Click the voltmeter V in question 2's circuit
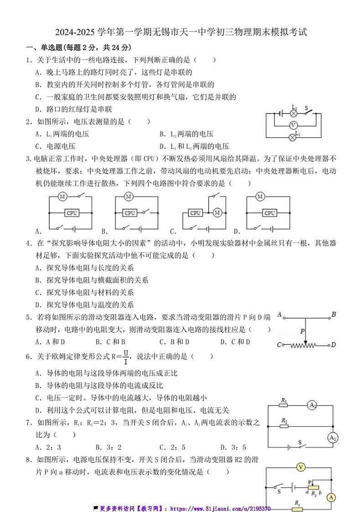tap(294, 124)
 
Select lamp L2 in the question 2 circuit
tap(294, 113)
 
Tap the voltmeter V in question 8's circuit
tap(300, 467)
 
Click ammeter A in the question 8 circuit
tap(332, 497)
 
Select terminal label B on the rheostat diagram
tap(334, 314)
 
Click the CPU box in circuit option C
tap(196, 213)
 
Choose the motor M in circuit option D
tap(260, 197)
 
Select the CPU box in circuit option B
tap(130, 213)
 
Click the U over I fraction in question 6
tap(126, 356)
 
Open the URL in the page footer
tap(220, 508)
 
